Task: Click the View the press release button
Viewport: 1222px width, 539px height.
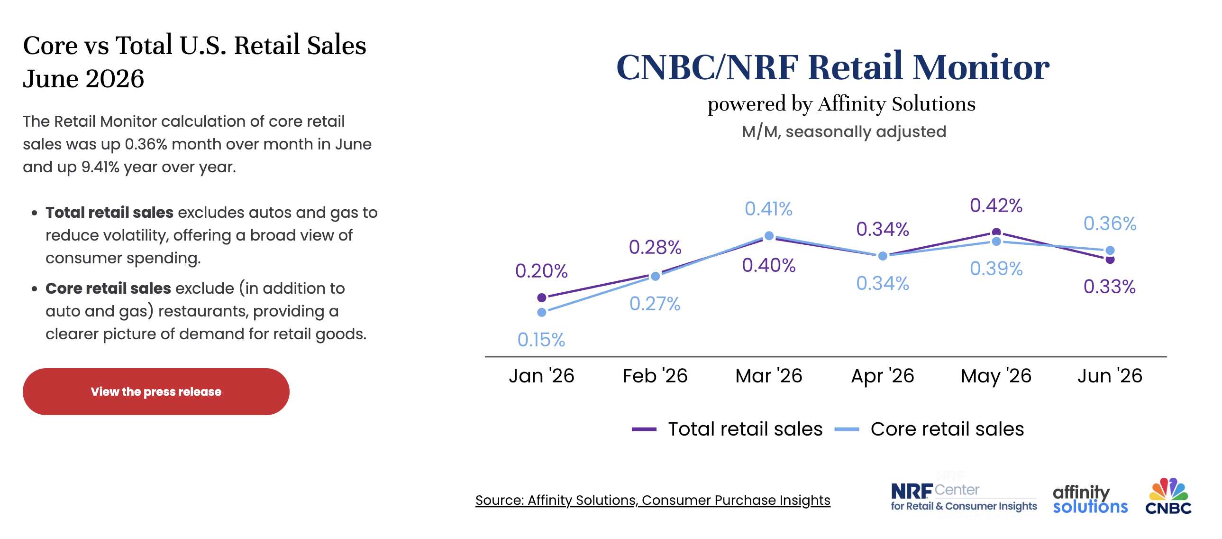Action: coord(156,391)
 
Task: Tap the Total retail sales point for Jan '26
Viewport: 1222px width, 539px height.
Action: coord(542,298)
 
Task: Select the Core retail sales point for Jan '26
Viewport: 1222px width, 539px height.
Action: coord(542,313)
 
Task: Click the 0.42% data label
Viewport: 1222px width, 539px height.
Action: coord(996,205)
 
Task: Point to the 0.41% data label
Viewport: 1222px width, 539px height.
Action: coord(768,209)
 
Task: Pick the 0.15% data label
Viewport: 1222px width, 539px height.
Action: coord(541,340)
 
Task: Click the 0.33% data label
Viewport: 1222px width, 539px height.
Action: coord(1110,287)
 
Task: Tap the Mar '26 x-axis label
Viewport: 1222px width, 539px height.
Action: coord(768,376)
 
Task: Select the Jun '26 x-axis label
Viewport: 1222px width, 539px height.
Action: coord(1110,376)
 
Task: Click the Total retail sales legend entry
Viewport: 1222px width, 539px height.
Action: coord(727,429)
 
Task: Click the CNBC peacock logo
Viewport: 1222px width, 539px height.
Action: coord(1168,496)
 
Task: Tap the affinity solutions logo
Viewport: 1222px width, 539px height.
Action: coord(1090,499)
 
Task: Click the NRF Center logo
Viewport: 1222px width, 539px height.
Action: coord(964,497)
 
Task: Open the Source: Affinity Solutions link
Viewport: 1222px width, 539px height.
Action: coord(653,500)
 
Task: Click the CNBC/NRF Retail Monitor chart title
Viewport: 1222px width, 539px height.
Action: coord(832,67)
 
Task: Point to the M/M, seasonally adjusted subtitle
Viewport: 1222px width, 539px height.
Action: coord(844,131)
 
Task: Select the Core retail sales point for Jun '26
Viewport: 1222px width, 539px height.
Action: coord(1110,250)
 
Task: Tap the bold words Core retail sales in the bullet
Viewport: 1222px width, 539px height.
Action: coord(108,288)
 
